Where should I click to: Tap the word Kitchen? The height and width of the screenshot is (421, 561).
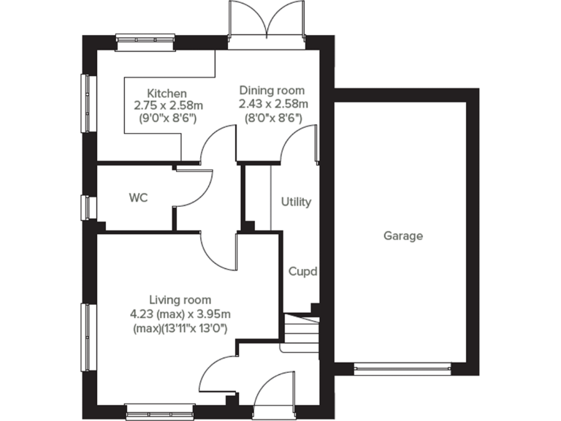[167, 94]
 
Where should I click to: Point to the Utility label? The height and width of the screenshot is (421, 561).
[296, 202]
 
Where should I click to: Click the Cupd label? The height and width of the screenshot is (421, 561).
[302, 272]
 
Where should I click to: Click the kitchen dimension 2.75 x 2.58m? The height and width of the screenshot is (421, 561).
[167, 105]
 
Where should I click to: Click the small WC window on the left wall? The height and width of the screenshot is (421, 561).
[85, 207]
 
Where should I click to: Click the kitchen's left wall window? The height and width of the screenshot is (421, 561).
[85, 103]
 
